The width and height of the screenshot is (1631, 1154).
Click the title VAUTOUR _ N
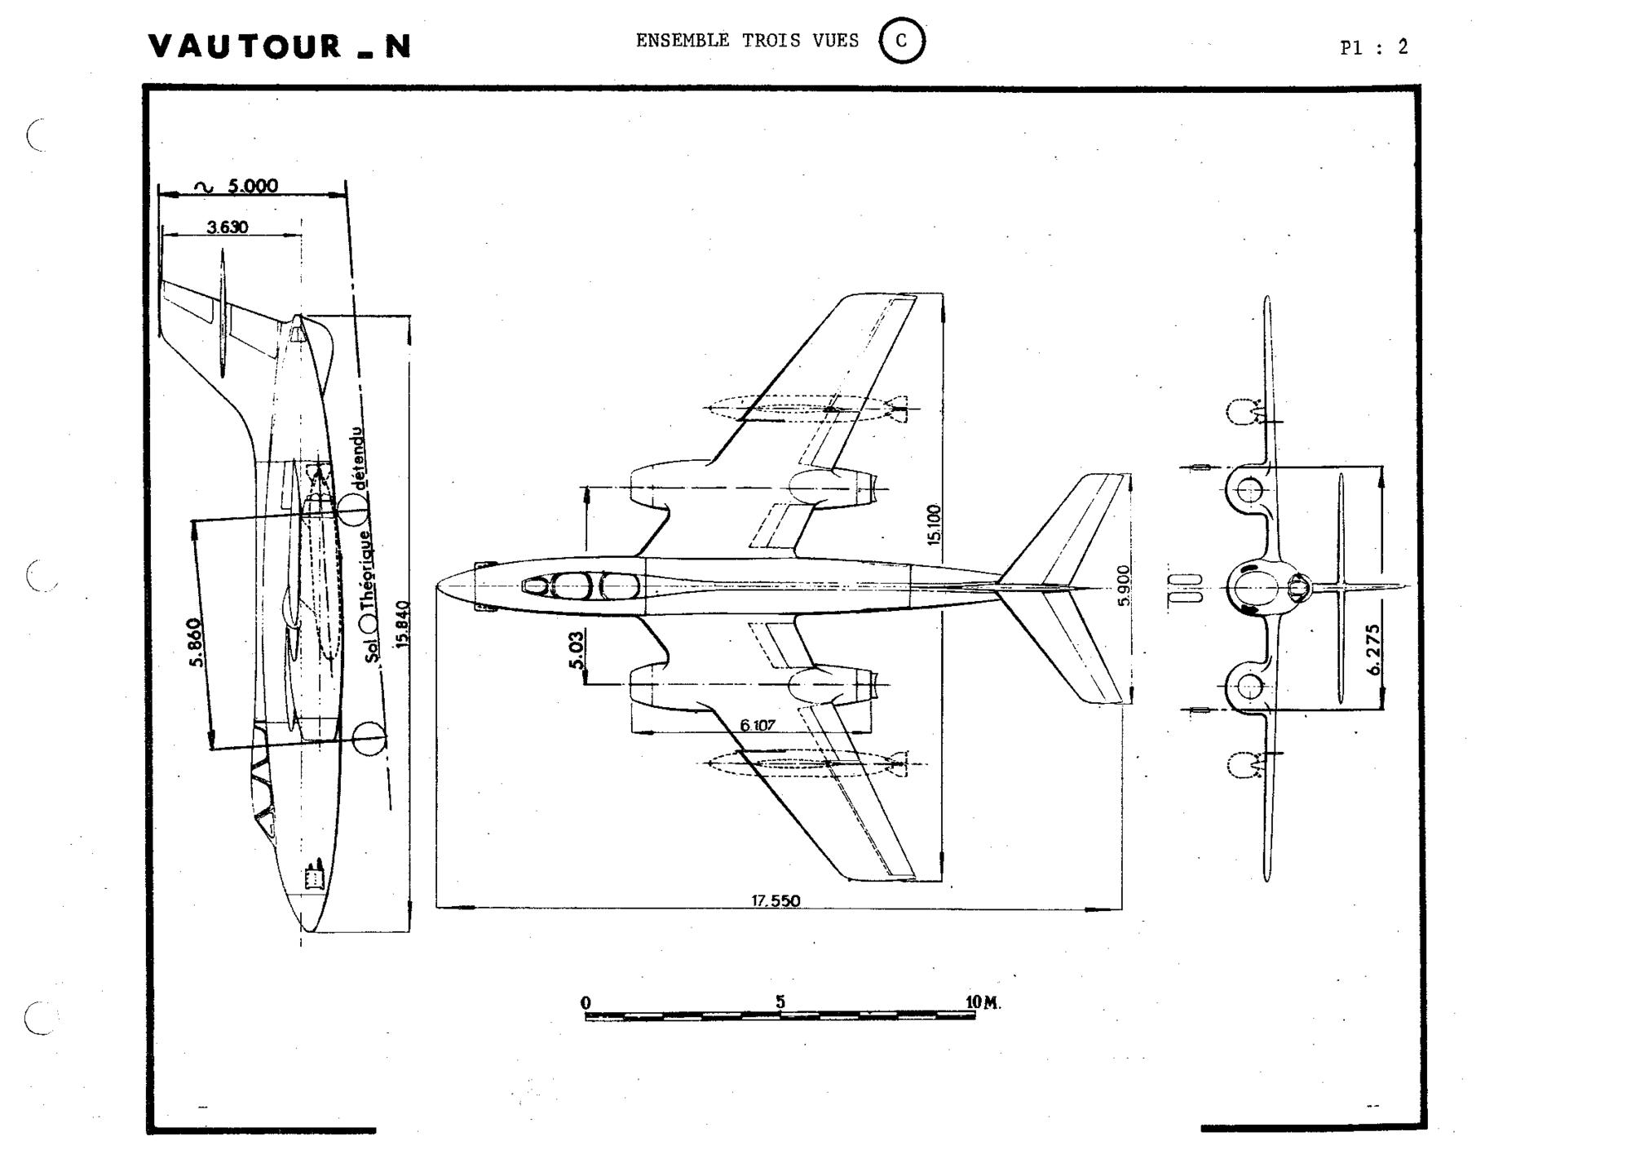point(280,46)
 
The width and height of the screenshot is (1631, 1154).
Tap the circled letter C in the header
point(902,41)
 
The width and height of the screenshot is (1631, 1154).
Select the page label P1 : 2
point(1374,47)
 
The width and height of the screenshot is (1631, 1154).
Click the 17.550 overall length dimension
point(776,900)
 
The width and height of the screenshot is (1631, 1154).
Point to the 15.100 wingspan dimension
point(935,524)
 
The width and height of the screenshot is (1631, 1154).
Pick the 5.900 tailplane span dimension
point(1124,585)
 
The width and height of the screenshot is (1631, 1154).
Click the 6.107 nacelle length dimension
point(758,724)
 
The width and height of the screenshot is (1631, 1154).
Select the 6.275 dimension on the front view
point(1373,649)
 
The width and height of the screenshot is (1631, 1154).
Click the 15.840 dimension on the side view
point(402,625)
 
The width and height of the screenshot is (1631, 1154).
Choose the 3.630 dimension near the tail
point(227,227)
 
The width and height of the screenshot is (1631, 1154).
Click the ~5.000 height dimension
point(236,186)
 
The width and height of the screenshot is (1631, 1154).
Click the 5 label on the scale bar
point(780,1001)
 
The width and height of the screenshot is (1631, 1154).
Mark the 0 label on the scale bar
point(586,1002)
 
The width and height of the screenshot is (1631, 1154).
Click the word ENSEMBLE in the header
point(683,41)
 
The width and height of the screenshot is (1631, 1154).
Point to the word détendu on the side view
point(359,458)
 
